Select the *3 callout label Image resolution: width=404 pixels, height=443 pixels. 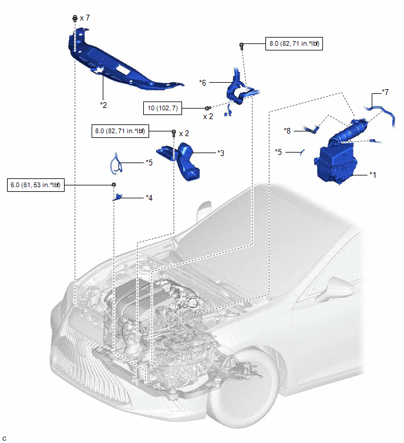220,153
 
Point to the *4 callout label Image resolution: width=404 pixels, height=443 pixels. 150,198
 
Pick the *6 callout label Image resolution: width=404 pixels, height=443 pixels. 203,83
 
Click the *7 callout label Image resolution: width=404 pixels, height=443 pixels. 385,92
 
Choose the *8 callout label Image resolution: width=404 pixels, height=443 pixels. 287,130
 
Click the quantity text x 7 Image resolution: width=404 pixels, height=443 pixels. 85,18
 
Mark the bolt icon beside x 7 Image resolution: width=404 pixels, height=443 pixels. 75,19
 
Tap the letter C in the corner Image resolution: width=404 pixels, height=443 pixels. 5,438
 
